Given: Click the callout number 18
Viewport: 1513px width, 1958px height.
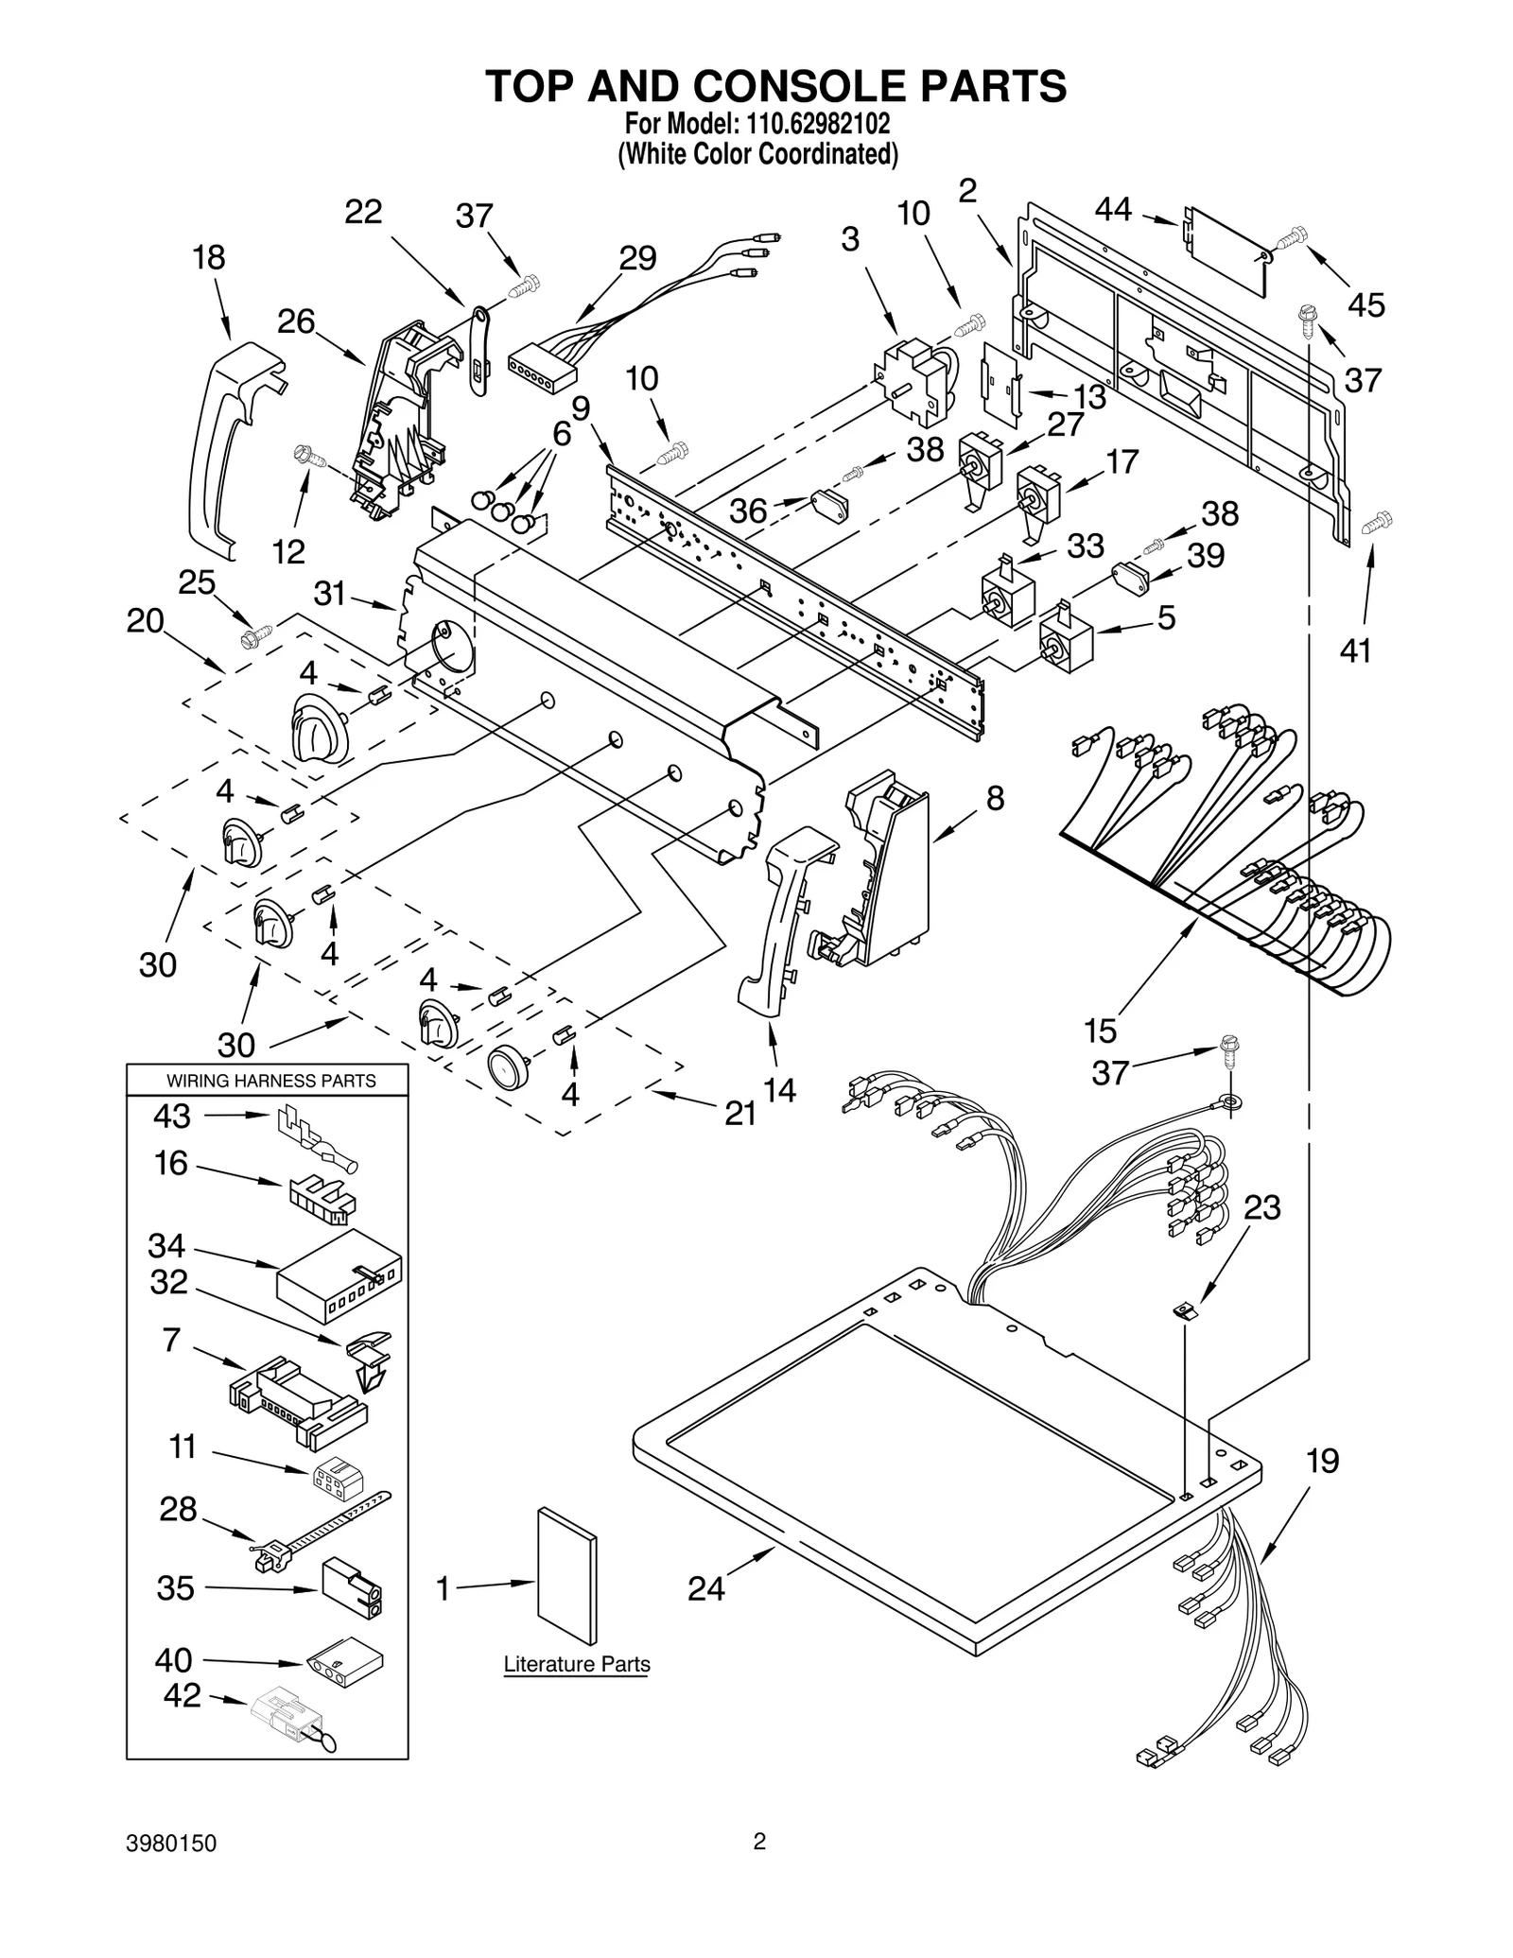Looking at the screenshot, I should [209, 257].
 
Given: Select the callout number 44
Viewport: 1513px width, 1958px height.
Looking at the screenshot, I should [1113, 209].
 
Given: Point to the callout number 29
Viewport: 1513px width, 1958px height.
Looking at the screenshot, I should [637, 258].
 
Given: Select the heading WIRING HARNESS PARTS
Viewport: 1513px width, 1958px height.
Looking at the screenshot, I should [270, 1081].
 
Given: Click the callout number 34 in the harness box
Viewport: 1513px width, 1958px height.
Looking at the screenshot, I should [166, 1246].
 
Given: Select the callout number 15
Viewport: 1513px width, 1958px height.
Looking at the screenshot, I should [1101, 1030].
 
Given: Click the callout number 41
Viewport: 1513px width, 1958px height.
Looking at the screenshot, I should [1355, 650].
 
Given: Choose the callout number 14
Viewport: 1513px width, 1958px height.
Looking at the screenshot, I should [779, 1090].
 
